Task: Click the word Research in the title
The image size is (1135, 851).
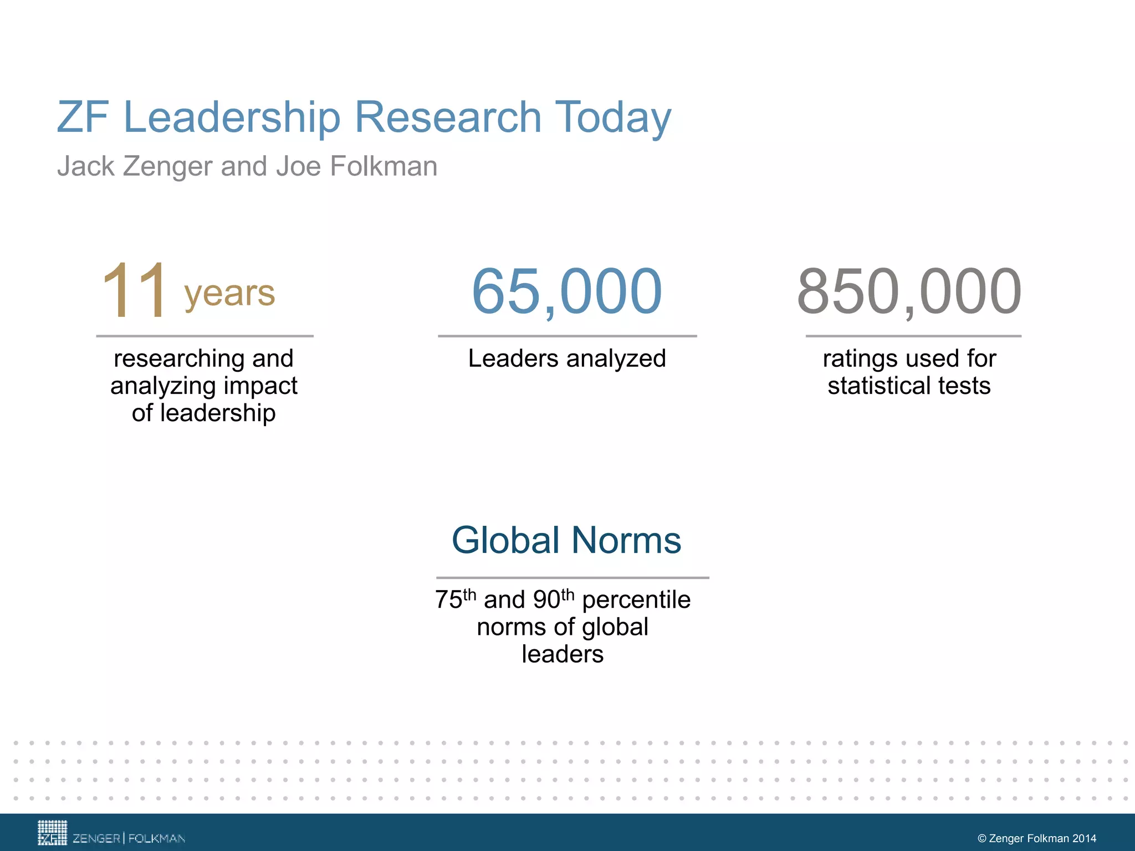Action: pos(447,117)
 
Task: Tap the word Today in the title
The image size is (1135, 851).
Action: pos(612,118)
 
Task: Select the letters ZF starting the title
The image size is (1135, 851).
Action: pos(83,117)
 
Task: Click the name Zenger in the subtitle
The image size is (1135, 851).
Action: pos(167,166)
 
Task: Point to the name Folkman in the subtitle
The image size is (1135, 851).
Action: pos(384,166)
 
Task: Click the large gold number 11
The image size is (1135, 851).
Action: pos(134,291)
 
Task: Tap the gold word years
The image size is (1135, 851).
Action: pos(229,293)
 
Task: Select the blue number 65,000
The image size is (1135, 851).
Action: pos(566,291)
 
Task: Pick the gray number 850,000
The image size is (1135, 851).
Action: pos(909,291)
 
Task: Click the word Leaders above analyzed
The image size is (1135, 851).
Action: pos(513,358)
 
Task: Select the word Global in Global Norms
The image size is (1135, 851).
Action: pos(505,540)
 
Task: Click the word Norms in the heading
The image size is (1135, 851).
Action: pos(626,540)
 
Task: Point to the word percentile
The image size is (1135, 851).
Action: pos(636,600)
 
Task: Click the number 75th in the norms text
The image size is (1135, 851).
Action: pos(455,599)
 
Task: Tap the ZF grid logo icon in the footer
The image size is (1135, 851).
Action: pos(52,833)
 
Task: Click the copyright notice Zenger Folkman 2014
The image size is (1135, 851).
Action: pos(1036,838)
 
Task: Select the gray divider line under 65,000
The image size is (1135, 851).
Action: pos(567,336)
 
